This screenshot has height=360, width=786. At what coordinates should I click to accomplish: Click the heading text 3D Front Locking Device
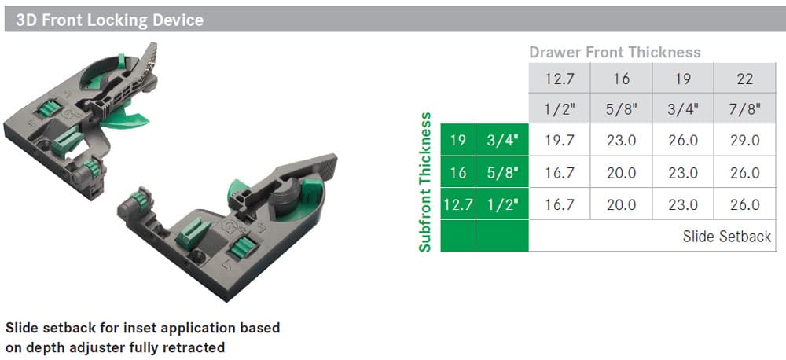click(x=109, y=20)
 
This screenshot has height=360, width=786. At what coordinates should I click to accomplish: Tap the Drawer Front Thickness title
click(x=615, y=52)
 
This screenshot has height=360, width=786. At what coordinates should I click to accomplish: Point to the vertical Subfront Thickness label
click(x=425, y=182)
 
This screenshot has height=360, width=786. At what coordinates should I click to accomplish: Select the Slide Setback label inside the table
click(x=727, y=237)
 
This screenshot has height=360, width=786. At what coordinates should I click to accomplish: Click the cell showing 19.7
click(x=560, y=141)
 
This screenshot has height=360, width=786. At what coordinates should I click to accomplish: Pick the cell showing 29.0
click(x=745, y=141)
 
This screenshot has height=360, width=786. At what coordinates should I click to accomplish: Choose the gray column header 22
click(x=745, y=79)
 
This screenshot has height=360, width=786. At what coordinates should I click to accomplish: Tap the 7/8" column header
click(x=745, y=108)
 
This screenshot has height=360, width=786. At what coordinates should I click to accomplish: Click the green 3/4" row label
click(x=502, y=140)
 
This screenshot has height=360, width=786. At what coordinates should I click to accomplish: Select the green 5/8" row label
click(x=502, y=172)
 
